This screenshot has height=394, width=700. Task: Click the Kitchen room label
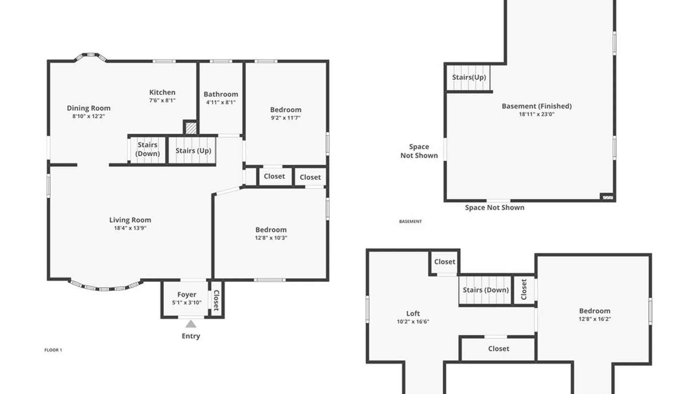point(162,92)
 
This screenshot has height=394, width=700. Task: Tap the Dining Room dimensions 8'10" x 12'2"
point(89,116)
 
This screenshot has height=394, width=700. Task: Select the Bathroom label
point(221,94)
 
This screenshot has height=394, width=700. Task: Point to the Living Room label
point(130,220)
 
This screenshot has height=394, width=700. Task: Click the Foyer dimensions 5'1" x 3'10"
point(187,302)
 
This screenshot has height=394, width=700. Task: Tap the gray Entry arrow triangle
point(191,324)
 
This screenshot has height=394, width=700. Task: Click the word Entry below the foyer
point(191,336)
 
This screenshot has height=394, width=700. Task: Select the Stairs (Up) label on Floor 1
point(193,151)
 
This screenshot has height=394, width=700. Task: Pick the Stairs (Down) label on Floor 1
point(148,149)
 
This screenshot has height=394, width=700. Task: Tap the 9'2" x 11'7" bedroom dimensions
point(286,118)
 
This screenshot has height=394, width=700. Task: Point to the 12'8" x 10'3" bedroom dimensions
point(271,238)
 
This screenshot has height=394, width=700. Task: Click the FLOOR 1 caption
point(53,350)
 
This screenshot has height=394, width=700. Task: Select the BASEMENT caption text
point(411,221)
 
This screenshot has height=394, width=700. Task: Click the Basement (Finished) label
point(537,106)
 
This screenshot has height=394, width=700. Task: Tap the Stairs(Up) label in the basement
point(469,77)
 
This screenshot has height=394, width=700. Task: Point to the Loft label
point(413,313)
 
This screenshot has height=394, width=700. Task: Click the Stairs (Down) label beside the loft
point(486,290)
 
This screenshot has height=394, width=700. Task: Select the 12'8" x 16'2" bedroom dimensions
point(595,319)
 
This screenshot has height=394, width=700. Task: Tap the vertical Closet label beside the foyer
point(216,300)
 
